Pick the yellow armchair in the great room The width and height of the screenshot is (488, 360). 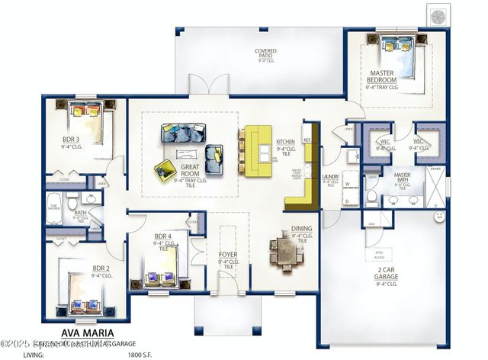(x=165, y=171)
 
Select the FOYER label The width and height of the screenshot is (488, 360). (x=228, y=255)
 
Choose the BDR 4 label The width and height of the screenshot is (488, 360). (x=163, y=236)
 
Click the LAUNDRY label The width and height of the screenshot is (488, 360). (x=330, y=177)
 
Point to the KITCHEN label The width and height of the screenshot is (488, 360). (x=285, y=142)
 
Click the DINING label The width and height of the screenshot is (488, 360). (x=302, y=228)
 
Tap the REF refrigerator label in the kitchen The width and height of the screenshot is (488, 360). (x=307, y=141)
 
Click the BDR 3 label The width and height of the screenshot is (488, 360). (x=72, y=140)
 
